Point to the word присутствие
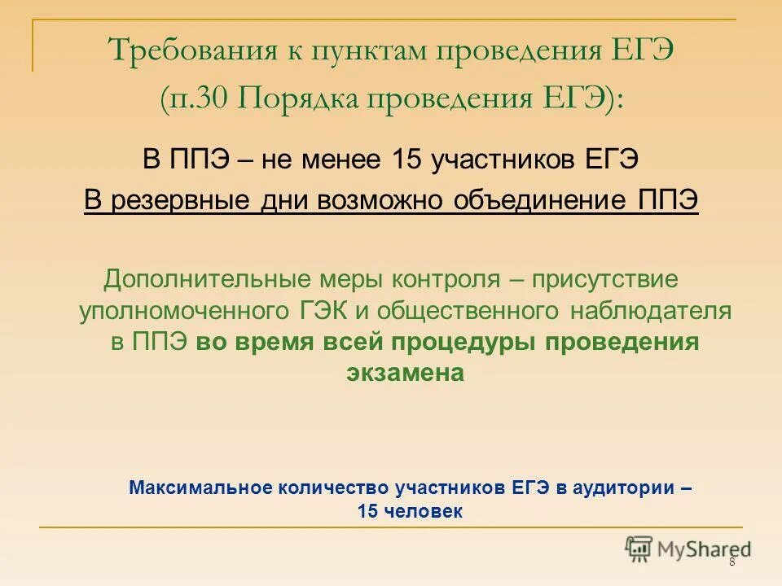click(605, 280)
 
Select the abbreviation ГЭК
click(319, 311)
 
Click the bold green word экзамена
click(405, 373)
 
